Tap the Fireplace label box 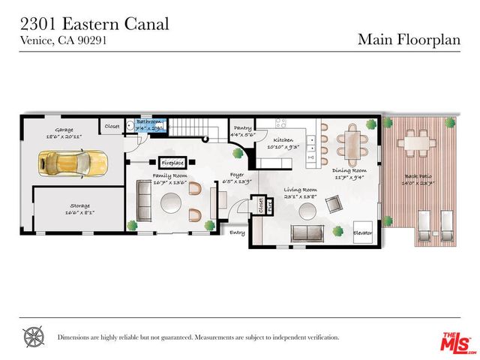[x=173, y=162]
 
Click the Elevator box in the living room [x=363, y=233]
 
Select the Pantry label [x=242, y=128]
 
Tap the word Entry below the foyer [x=238, y=232]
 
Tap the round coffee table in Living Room [x=307, y=210]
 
